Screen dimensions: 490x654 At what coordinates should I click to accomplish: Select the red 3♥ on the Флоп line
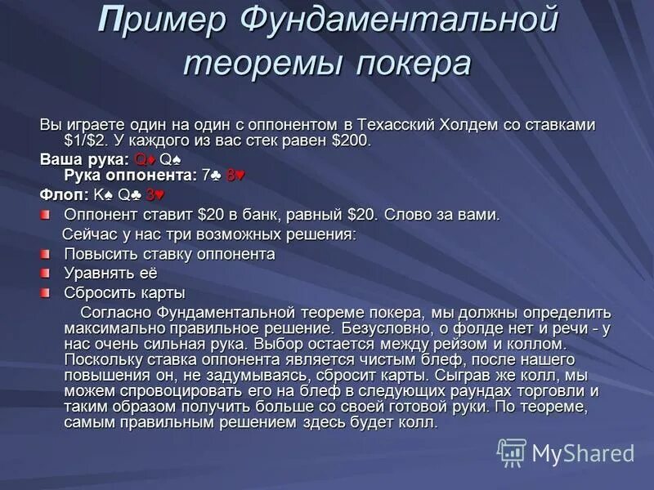(155, 195)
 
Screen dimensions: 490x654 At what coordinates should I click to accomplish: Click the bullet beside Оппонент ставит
(46, 216)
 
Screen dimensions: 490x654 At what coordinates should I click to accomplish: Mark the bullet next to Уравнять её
(46, 273)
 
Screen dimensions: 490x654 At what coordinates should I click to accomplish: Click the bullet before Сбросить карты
(46, 292)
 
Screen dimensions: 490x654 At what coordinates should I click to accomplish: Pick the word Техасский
(398, 124)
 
